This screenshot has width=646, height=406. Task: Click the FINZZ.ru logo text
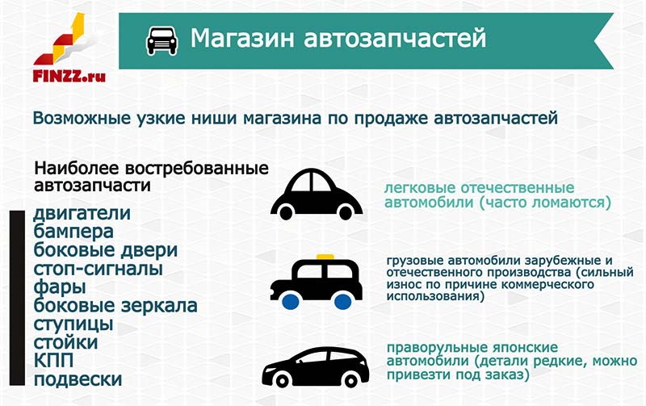pos(69,76)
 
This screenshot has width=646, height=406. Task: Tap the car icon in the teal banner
pos(162,40)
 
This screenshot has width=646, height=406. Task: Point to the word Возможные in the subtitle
pos(82,118)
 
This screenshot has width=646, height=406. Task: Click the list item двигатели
pos(82,214)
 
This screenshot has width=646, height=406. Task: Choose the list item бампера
pos(73,232)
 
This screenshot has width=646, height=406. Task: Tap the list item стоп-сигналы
pos(98,269)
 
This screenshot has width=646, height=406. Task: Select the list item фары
pos(60,287)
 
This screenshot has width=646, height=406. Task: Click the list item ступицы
pos(73,324)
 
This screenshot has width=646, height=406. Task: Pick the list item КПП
pos(53,361)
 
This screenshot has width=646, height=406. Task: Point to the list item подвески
pos(78,379)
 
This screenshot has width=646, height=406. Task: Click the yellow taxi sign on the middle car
pos(325,257)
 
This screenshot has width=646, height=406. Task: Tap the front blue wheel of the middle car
pos(291,301)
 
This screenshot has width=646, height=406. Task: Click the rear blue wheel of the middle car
pos(342,301)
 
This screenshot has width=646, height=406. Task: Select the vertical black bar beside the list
pos(17,298)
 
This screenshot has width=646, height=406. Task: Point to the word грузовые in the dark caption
pos(415,261)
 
